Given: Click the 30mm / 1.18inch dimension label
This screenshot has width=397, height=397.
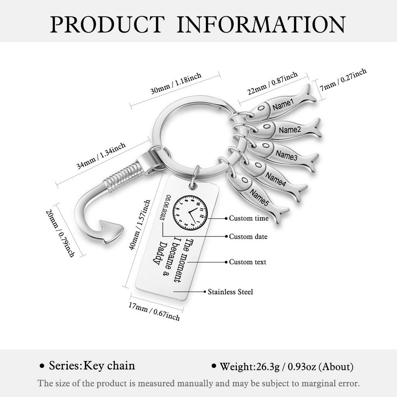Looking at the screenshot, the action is pos(176,83).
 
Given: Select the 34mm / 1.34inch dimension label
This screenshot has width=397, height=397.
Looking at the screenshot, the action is pos(101,155).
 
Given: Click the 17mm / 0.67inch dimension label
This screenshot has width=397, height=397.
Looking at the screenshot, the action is pos(154,311).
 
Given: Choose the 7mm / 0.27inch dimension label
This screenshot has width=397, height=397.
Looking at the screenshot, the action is pos(343,79).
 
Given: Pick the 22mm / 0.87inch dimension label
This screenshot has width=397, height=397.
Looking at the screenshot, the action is pos(273,83).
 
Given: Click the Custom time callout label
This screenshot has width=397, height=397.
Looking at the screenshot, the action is pos(249,218).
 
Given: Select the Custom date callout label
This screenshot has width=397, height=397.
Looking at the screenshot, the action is pos(248,236).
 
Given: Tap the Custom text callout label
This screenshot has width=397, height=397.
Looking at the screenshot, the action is pos(248,262).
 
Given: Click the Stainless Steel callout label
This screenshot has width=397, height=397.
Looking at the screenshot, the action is pos(230,292).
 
